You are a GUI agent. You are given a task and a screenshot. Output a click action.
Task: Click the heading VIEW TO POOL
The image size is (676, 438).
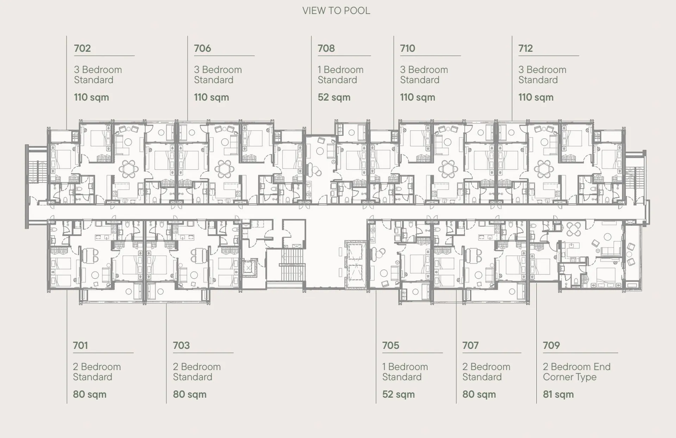pos(336,11)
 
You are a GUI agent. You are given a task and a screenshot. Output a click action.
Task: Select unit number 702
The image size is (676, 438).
pos(82,48)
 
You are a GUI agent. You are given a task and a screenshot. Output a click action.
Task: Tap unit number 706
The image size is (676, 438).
pos(202,48)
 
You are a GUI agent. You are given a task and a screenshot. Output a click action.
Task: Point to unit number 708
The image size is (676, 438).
pos(326,48)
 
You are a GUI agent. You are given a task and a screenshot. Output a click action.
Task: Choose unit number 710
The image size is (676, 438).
pos(408,48)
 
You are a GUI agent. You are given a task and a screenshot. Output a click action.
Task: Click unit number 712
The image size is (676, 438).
pos(526,48)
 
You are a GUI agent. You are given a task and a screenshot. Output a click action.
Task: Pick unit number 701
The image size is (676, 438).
pos(80,345)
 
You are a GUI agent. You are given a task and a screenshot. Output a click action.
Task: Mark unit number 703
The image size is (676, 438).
pos(181,345)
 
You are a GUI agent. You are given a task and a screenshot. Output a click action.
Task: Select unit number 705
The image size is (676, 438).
pos(391,345)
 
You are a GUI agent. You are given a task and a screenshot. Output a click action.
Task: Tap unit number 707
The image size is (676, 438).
pos(470,345)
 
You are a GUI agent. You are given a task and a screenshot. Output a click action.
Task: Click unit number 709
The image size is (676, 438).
pos(551,345)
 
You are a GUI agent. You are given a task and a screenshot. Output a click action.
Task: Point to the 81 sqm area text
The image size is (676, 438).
pos(558,394)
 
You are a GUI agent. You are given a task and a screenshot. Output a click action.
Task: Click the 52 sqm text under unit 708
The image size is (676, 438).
pos(334,97)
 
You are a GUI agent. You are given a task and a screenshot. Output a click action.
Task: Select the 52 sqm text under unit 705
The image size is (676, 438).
pos(398,394)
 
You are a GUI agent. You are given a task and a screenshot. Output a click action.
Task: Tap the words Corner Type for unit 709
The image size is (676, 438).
pos(570,377)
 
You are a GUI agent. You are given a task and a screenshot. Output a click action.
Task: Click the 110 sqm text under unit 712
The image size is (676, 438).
pos(536,97)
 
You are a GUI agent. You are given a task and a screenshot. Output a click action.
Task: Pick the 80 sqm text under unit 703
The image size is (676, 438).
pos(189,394)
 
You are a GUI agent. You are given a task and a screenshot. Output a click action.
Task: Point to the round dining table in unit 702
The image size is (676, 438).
pos(129,169)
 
